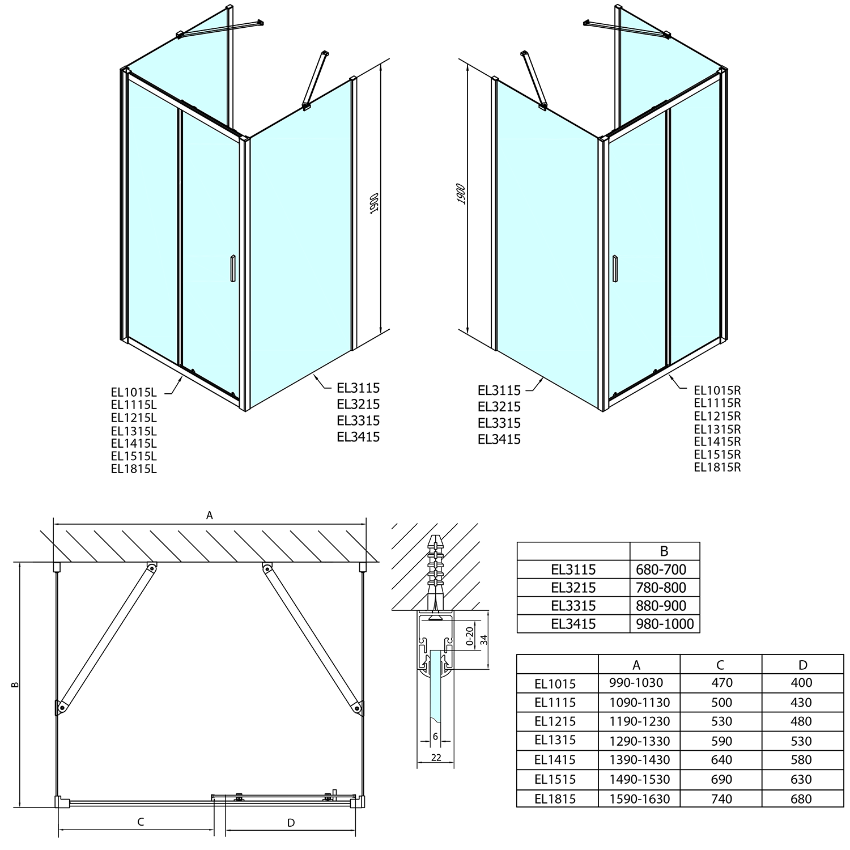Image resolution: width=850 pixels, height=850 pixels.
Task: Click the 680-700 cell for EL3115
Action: (661, 569)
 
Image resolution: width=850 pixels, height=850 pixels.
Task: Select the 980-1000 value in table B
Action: (665, 624)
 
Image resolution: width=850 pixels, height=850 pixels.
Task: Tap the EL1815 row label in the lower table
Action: (555, 799)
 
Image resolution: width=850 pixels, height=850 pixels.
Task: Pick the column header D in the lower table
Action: (802, 665)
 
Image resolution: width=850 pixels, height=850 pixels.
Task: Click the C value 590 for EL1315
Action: (721, 741)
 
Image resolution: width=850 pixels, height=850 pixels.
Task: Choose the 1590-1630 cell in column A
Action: (639, 799)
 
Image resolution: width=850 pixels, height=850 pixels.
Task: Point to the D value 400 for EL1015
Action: (801, 683)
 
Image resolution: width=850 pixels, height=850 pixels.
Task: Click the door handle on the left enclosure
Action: (231, 269)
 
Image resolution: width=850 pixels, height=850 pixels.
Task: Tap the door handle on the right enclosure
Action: (617, 269)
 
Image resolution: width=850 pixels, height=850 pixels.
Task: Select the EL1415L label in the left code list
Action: (134, 443)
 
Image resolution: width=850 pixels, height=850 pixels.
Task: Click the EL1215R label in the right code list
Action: (717, 416)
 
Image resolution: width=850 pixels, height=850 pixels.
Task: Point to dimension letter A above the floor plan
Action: (209, 515)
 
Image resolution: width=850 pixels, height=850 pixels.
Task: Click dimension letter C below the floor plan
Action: (141, 822)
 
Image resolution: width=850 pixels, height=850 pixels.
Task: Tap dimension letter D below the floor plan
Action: (291, 823)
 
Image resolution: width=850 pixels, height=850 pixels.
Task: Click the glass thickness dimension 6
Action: (435, 736)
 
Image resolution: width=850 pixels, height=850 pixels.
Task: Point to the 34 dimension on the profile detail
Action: (483, 640)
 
